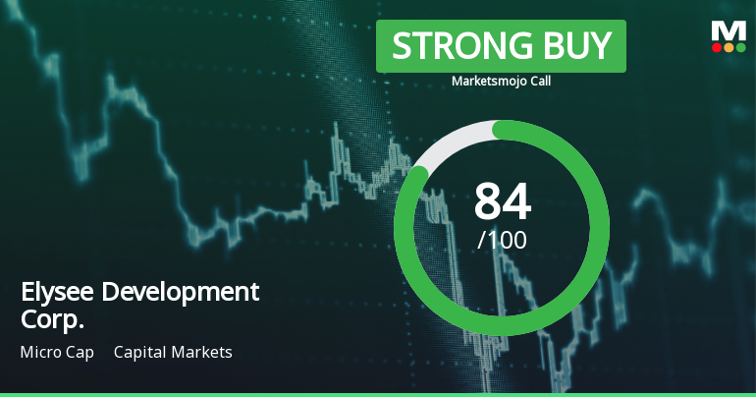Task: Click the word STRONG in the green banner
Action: coord(449,46)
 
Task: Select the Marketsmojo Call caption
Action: coord(501,82)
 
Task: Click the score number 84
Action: coord(502,201)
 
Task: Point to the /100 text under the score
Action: coord(502,239)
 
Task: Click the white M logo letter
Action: coord(729,30)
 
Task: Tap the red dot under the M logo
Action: coord(718,47)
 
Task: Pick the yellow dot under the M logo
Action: coord(729,47)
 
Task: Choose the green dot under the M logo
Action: coord(740,47)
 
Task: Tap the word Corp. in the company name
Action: coord(52,319)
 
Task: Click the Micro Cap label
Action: coord(57,352)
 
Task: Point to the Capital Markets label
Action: coord(173,352)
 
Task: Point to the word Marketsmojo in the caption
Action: coord(487,82)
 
